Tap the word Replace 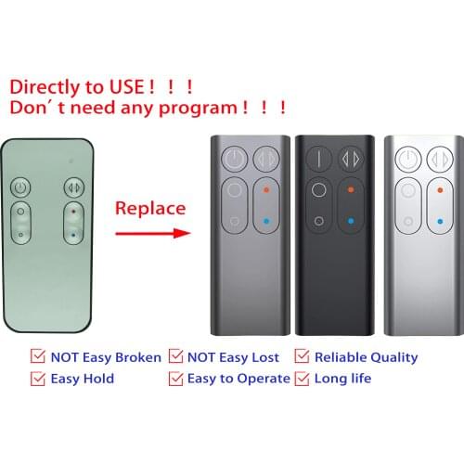click(149, 207)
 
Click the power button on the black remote click(318, 159)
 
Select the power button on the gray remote click(235, 159)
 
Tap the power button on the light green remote click(21, 188)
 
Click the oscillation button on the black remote click(351, 159)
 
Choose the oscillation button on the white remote click(435, 159)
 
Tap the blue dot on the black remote click(351, 222)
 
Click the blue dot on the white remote click(435, 222)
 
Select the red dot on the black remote click(351, 191)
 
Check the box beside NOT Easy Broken click(38, 356)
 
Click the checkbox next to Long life click(301, 378)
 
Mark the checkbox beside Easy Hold click(38, 378)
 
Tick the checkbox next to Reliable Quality click(301, 356)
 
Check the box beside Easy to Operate click(175, 378)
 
